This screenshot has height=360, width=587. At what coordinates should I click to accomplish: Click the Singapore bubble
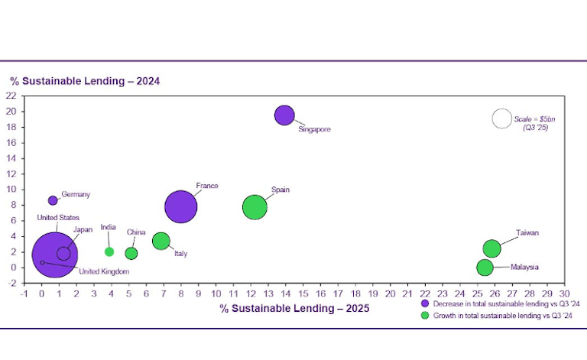click(x=284, y=115)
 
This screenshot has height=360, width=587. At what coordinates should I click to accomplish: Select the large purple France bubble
click(x=181, y=206)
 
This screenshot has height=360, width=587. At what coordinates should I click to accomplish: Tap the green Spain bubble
click(x=255, y=207)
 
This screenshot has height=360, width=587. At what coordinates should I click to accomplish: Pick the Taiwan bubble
click(x=492, y=248)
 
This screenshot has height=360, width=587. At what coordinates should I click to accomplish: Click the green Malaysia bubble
click(x=485, y=268)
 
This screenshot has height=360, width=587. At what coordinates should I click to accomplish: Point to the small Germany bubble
click(x=53, y=200)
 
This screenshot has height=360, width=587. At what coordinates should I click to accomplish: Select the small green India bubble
click(x=109, y=251)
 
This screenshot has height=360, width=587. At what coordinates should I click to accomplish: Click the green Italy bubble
click(x=161, y=242)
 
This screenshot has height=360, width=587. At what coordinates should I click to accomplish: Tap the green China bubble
click(x=131, y=253)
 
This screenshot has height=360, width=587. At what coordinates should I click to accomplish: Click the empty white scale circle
click(x=501, y=118)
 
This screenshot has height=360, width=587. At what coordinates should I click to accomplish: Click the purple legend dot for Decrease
click(x=426, y=303)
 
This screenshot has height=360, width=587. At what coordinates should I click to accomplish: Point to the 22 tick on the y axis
click(x=11, y=96)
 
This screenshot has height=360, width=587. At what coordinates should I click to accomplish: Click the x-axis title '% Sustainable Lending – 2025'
click(x=294, y=308)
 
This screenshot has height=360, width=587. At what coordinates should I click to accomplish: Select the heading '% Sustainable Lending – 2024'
click(x=84, y=80)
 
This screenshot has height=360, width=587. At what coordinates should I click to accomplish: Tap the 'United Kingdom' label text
click(x=104, y=271)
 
